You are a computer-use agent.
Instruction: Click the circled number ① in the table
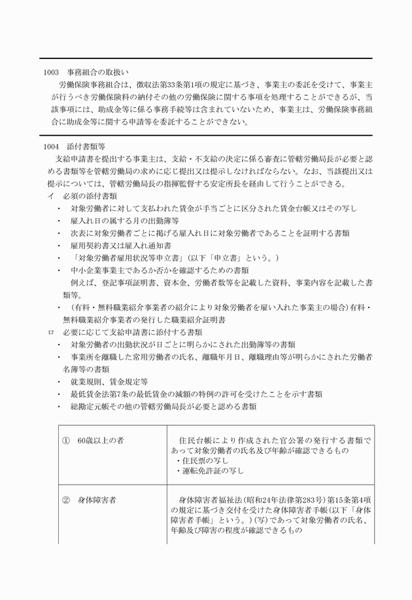pos(66,441)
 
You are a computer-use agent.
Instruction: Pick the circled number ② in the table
pos(66,500)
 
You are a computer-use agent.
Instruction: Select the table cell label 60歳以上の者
pos(101,441)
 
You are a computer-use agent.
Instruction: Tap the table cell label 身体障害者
pos(97,500)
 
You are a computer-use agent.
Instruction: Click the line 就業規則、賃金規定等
pos(109,381)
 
